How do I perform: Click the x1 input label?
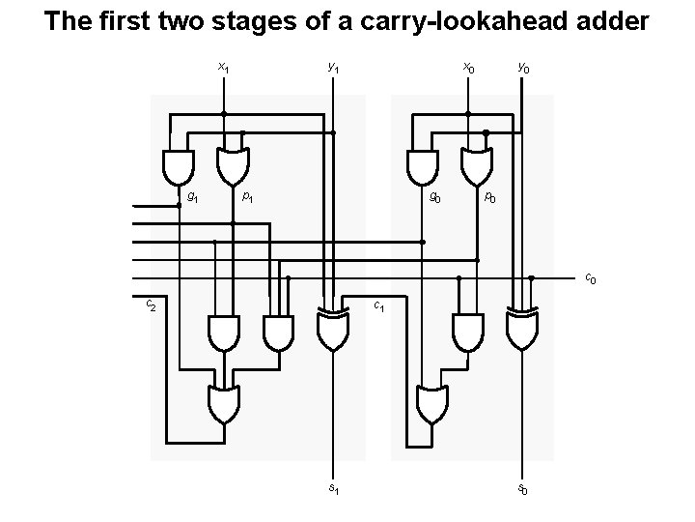224,68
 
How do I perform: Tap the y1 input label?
333,68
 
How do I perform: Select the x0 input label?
468,68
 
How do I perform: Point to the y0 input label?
522,68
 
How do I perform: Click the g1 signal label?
193,197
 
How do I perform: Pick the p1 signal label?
248,197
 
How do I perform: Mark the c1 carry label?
380,308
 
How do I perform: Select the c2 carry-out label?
151,305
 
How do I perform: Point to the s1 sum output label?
334,489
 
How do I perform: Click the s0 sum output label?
522,490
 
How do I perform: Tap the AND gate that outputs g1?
179,166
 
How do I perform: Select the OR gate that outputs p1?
233,166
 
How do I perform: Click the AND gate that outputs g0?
422,166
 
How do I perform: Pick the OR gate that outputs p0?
476,166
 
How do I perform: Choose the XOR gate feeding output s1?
333,331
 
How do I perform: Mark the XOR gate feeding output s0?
522,331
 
